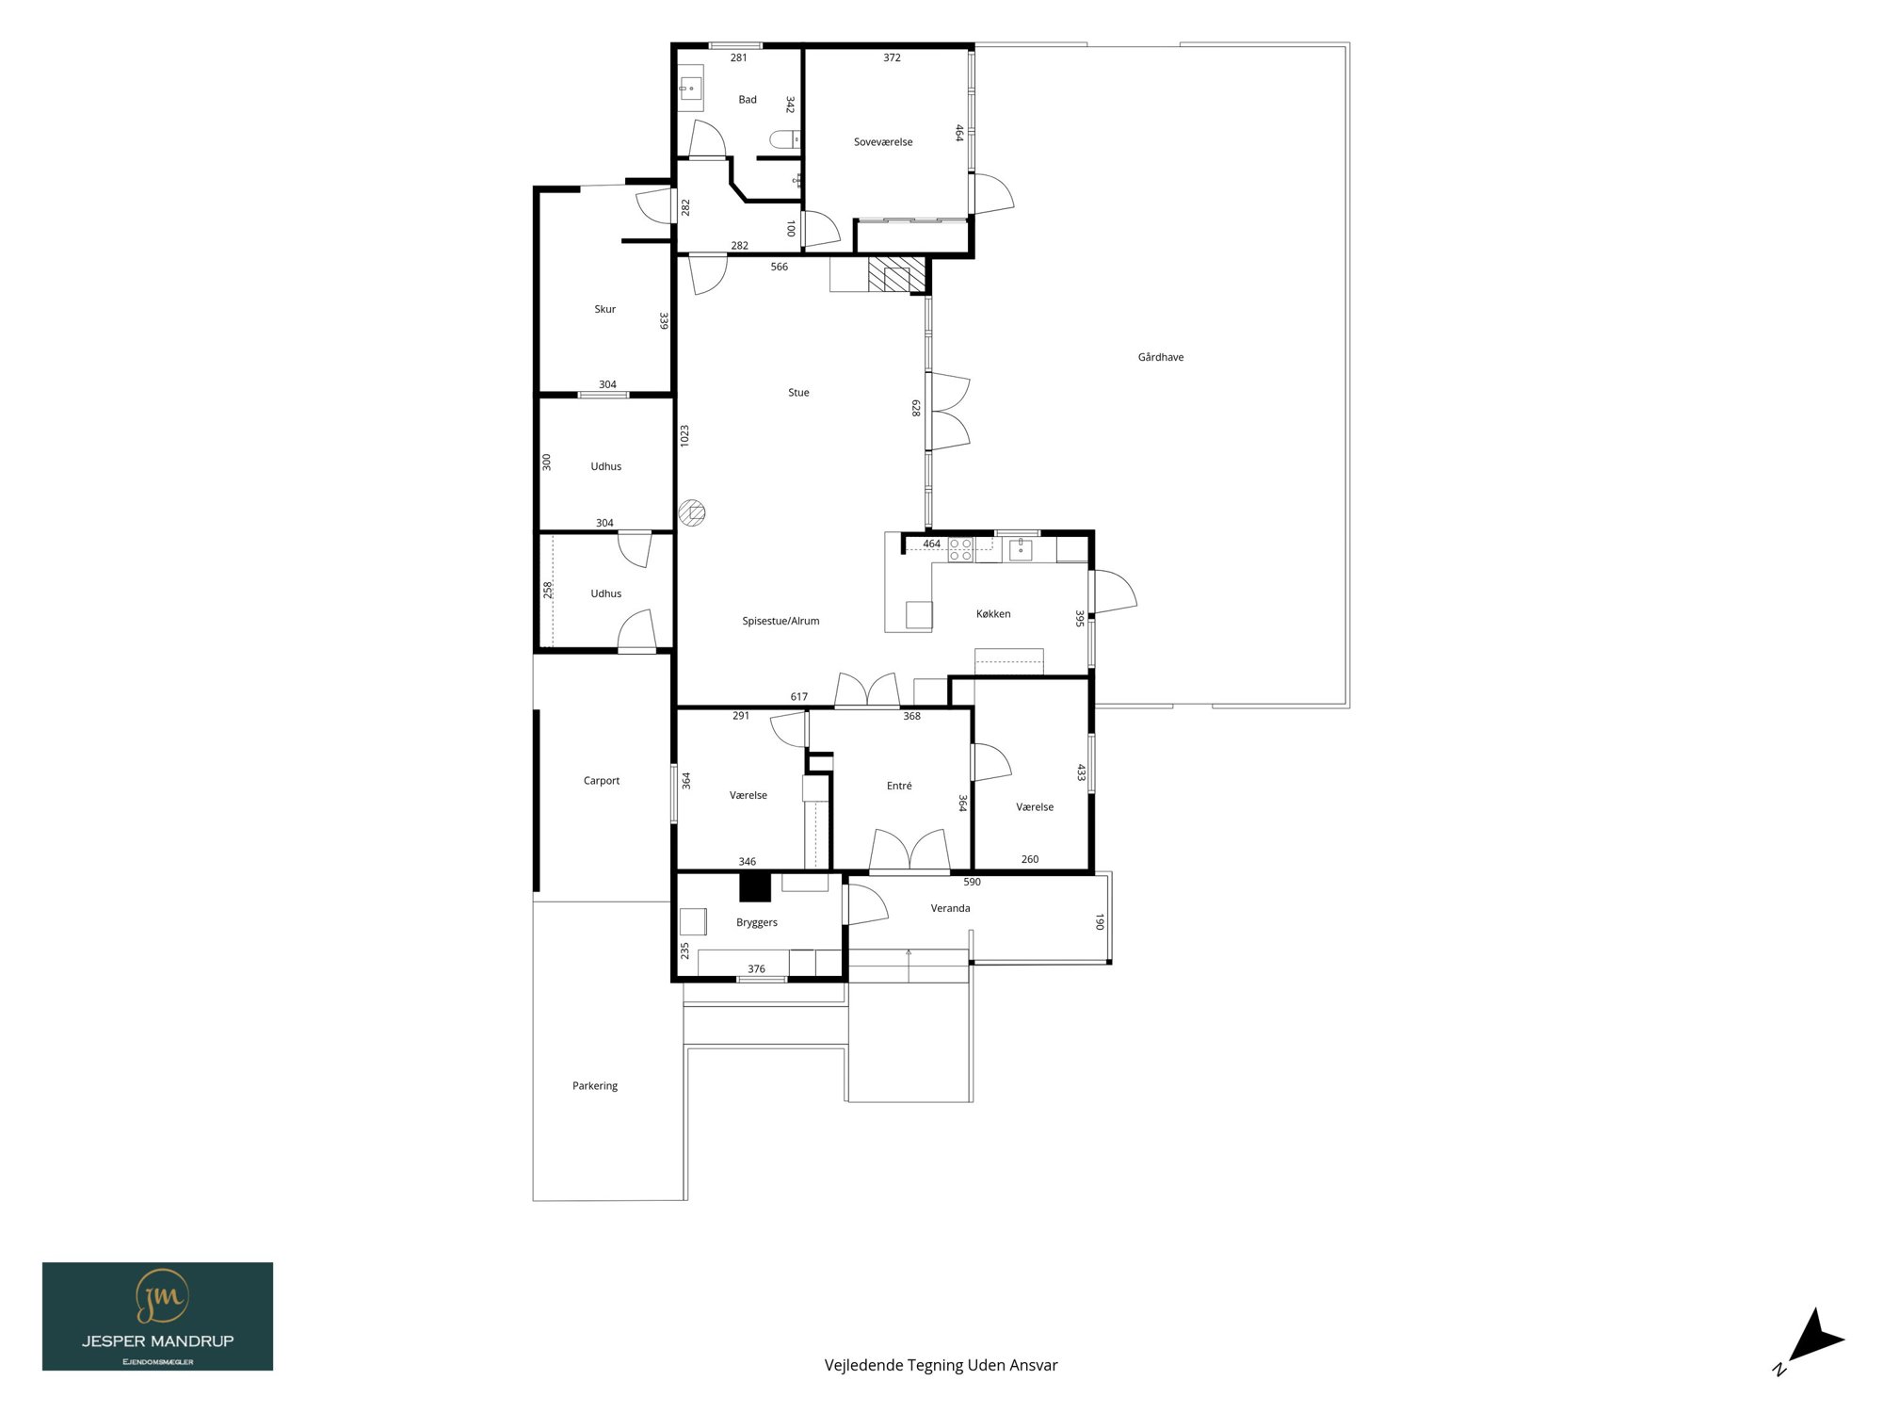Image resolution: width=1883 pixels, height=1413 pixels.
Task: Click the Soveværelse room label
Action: coord(883,142)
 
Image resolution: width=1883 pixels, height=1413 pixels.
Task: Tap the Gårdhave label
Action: coord(1161,357)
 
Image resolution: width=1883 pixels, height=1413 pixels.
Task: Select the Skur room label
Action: coord(605,309)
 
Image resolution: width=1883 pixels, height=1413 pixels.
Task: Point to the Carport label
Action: coord(602,781)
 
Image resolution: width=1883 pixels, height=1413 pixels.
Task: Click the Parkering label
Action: coord(595,1086)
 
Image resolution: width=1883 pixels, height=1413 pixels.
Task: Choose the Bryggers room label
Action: coord(757,923)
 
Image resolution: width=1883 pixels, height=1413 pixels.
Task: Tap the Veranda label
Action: coord(950,908)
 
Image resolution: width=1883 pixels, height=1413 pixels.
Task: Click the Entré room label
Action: coord(899,786)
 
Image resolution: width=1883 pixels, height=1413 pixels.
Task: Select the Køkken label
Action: coord(993,614)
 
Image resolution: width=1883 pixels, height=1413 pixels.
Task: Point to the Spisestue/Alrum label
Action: coord(781,621)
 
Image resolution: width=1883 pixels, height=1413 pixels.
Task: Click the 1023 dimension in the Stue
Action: coord(684,435)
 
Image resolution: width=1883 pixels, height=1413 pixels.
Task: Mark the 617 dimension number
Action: coord(799,697)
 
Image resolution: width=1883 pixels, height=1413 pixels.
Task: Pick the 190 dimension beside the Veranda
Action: coord(1099,921)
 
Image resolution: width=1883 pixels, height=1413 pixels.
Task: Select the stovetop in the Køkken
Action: coord(960,549)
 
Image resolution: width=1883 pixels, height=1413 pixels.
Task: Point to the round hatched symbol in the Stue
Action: coord(692,513)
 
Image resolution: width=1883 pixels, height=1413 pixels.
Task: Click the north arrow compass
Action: coord(1812,1339)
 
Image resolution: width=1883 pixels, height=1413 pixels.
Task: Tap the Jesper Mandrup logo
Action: coord(157,1316)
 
